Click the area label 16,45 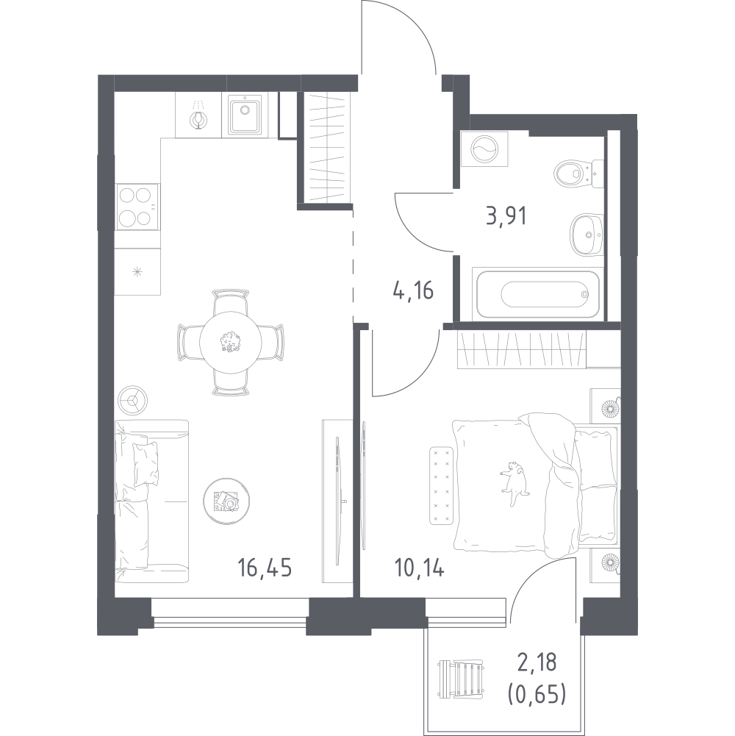265,568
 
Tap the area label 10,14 419,568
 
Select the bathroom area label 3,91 506,216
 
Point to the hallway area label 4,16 413,290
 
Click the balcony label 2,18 537,662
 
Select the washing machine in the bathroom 484,149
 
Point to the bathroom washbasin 587,235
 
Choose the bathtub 538,294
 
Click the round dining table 230,342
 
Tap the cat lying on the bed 514,484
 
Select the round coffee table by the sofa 226,501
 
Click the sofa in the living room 151,501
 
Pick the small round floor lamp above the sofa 133,401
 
